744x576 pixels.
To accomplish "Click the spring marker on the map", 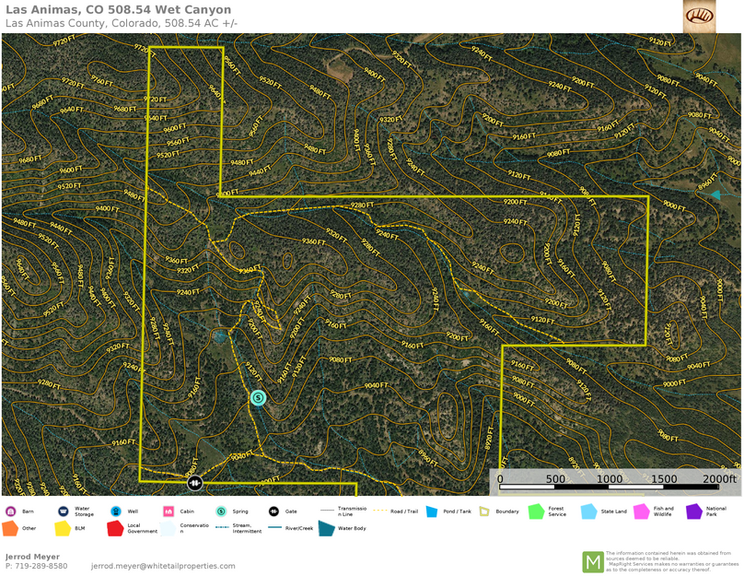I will [258, 398].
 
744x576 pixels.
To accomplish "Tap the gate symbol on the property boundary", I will [195, 483].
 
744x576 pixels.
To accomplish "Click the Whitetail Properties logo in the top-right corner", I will [699, 16].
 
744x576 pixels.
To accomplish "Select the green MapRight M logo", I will [593, 561].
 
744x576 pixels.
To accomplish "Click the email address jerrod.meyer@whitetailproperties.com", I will [163, 566].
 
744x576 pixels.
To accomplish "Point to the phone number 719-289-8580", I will [36, 566].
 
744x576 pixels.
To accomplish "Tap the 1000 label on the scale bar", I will [609, 479].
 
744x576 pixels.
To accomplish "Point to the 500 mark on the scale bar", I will [555, 479].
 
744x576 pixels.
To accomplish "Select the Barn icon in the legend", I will [10, 511].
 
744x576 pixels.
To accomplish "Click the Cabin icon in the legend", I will [169, 511].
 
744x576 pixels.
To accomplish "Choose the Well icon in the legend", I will [116, 511].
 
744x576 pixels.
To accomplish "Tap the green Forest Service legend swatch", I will [536, 511].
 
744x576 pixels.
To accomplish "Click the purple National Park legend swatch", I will [693, 511].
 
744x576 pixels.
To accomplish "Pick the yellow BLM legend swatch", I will [63, 529].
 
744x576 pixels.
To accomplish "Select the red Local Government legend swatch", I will [115, 529].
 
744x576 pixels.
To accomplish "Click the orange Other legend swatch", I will [10, 529].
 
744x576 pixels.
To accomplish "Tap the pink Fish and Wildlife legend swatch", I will [641, 511].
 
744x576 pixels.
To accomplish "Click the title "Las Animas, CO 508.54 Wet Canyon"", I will [118, 9].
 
